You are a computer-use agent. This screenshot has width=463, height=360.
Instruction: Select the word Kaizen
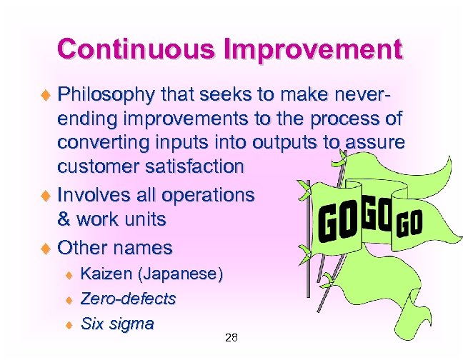[x=106, y=274]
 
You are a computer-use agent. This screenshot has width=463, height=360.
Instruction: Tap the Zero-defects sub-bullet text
[x=128, y=299]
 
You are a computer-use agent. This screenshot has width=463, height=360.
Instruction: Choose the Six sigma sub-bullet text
[x=117, y=324]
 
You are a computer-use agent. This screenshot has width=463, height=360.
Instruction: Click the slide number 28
[x=231, y=338]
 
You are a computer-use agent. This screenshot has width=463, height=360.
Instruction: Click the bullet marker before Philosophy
[x=47, y=95]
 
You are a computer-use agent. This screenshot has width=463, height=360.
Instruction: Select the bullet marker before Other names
[x=47, y=249]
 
